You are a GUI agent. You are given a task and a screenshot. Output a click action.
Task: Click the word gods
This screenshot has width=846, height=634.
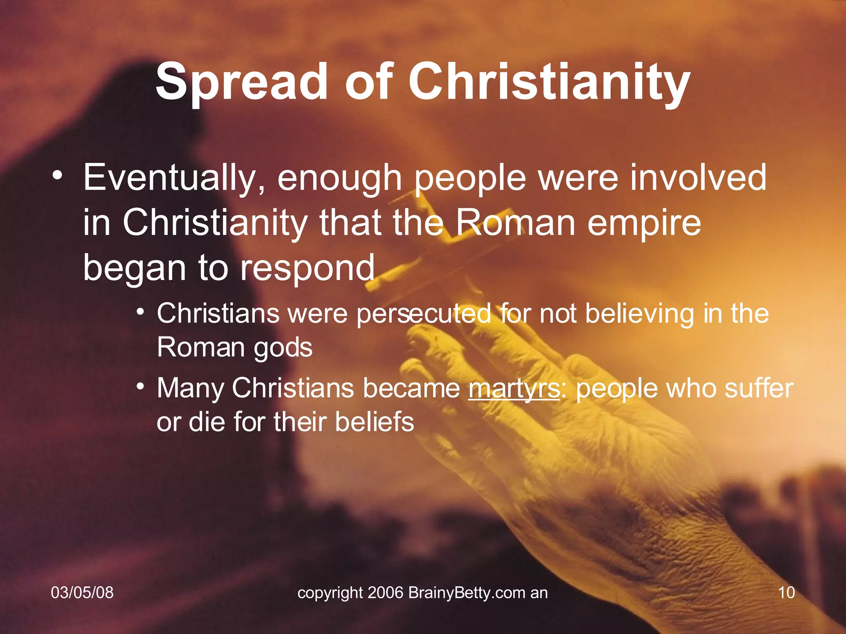[283, 348]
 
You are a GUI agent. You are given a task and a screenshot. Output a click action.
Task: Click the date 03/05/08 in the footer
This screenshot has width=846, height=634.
[82, 593]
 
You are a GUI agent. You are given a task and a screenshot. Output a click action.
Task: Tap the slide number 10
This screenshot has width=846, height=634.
[786, 593]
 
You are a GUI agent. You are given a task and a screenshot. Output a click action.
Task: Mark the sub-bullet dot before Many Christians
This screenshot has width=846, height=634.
[141, 386]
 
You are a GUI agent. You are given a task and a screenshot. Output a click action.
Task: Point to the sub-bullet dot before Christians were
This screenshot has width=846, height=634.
[141, 311]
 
